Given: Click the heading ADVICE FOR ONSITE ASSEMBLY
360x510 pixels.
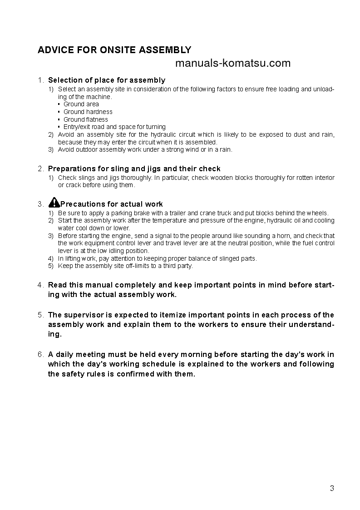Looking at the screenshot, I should coord(114,50).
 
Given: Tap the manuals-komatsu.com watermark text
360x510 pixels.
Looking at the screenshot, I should coord(232,63).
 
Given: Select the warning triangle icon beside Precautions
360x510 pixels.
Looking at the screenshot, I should coord(54,203).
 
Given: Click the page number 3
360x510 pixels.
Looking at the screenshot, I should coord(332,489).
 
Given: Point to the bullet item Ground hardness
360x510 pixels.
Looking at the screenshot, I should coord(88,112).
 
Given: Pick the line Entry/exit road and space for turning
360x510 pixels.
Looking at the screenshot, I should coord(114,127).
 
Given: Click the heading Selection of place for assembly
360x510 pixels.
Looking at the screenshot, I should coord(107,80).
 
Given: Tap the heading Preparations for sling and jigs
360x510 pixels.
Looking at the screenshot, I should coord(134,168).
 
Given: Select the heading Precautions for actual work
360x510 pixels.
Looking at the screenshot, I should coord(112,204).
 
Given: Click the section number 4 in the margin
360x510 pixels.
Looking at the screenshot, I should coord(40,285).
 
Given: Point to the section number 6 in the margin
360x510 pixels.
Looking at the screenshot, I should coord(40,354).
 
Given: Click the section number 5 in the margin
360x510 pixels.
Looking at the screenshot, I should coord(40,315).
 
